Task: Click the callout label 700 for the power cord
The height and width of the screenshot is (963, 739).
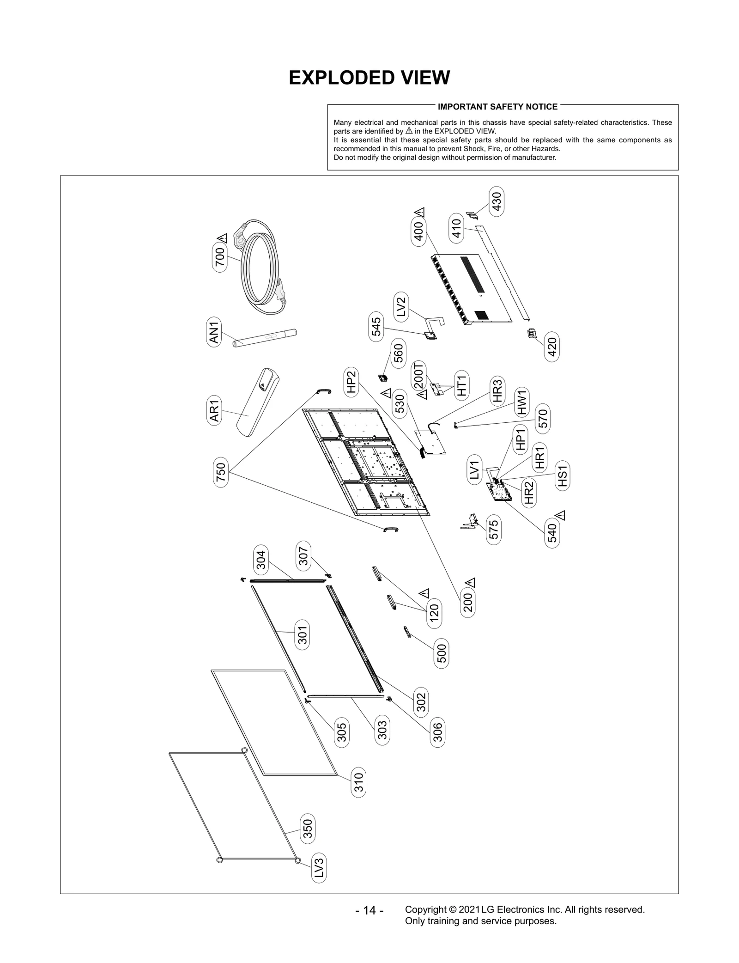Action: tap(220, 257)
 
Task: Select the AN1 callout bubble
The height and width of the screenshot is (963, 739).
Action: tap(214, 331)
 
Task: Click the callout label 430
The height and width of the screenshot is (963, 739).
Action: tap(497, 201)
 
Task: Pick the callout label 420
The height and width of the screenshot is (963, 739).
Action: tap(552, 347)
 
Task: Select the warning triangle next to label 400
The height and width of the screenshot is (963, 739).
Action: tap(420, 213)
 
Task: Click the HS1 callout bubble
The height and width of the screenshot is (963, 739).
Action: tap(562, 476)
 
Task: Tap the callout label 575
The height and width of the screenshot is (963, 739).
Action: tap(493, 530)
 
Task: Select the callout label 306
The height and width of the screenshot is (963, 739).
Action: tap(437, 732)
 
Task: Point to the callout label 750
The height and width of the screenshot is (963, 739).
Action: tap(221, 472)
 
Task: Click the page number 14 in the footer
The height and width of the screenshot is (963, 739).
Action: tap(369, 910)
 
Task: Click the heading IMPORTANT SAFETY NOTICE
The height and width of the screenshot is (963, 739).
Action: tap(497, 107)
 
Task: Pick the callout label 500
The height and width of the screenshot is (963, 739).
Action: tap(442, 653)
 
